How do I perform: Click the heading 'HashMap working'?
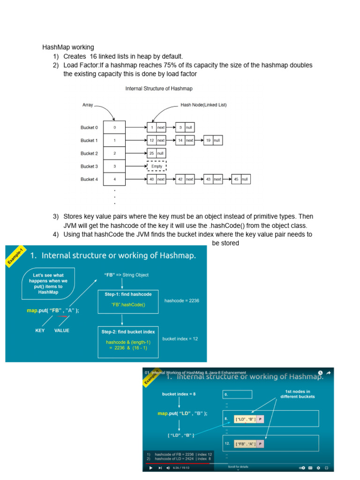click(x=68, y=47)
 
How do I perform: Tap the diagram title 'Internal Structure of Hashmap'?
click(x=158, y=88)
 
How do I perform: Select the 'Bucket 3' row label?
click(x=89, y=166)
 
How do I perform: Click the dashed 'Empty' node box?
click(x=157, y=166)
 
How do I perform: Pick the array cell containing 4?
click(x=115, y=179)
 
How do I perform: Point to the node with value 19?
click(x=212, y=140)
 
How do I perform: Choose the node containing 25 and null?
click(x=156, y=153)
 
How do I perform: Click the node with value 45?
click(x=240, y=179)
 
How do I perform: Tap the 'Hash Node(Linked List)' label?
click(x=203, y=105)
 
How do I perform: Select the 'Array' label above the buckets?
click(x=88, y=105)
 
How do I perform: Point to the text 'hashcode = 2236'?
click(x=182, y=300)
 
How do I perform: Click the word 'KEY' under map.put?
click(x=40, y=330)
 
